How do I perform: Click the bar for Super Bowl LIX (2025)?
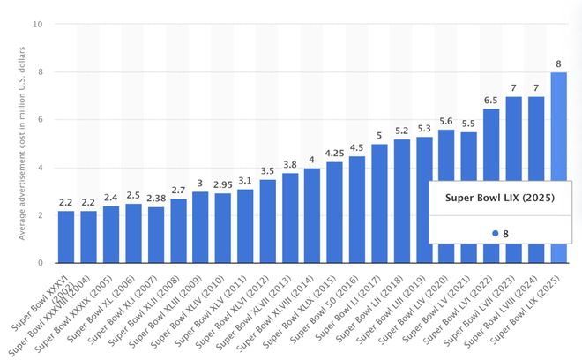(x=558, y=168)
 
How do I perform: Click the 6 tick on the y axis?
(x=40, y=120)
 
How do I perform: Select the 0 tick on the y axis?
(x=40, y=263)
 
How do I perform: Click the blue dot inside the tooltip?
(x=495, y=233)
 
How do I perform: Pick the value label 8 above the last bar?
(x=558, y=63)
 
